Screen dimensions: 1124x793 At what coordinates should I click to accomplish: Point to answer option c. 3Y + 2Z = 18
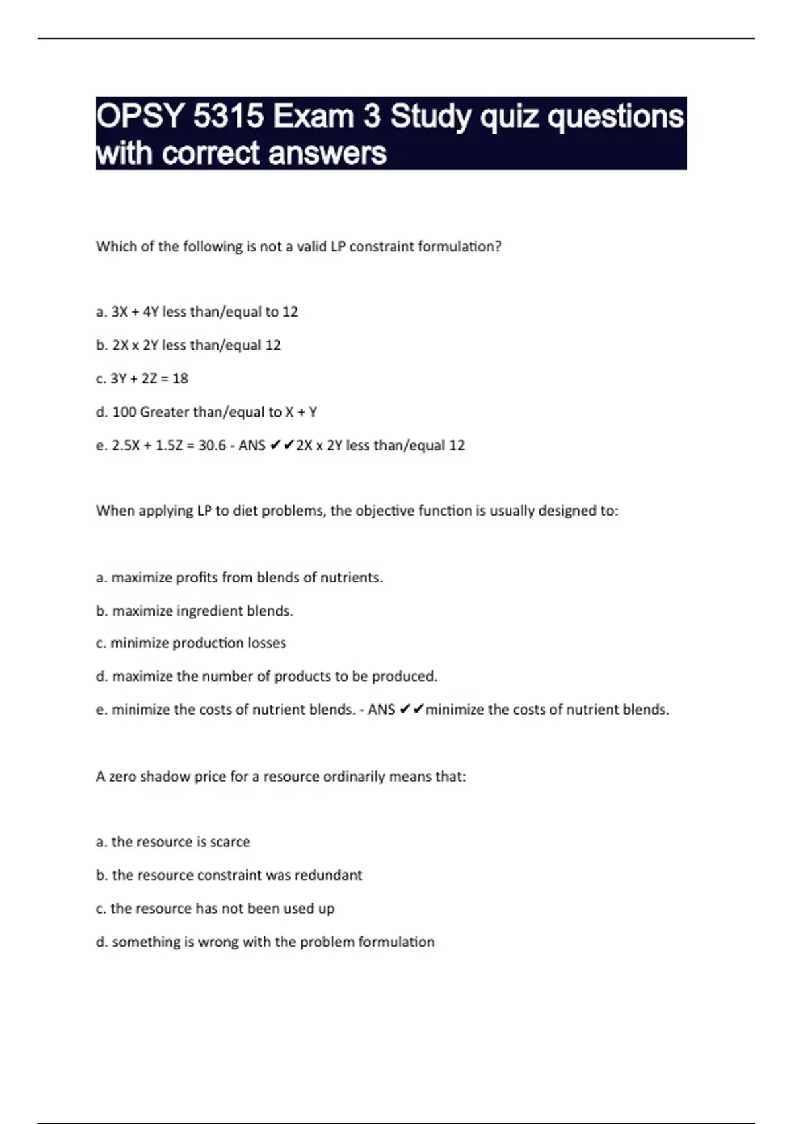pyautogui.click(x=142, y=379)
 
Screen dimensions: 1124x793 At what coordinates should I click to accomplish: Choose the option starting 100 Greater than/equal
pyautogui.click(x=206, y=412)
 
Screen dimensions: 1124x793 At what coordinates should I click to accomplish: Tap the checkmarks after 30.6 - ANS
pyautogui.click(x=282, y=446)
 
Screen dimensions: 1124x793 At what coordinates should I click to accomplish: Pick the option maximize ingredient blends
pyautogui.click(x=194, y=611)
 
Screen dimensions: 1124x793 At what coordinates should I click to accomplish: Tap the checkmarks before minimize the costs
pyautogui.click(x=412, y=710)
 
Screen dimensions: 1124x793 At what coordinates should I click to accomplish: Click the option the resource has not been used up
pyautogui.click(x=215, y=908)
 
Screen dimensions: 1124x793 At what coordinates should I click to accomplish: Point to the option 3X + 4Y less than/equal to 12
pyautogui.click(x=197, y=312)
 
